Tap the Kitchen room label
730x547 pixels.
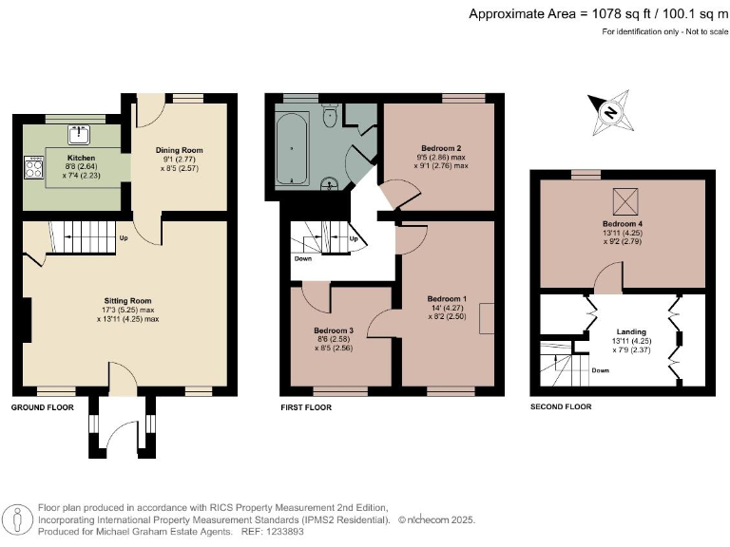point(81,156)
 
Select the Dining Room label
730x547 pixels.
point(180,150)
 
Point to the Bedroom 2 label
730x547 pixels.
point(441,148)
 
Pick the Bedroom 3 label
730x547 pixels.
point(334,330)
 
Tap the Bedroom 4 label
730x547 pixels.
point(623,224)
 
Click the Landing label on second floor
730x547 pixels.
point(623,332)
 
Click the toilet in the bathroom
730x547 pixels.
point(330,117)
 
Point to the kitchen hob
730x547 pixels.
point(34,170)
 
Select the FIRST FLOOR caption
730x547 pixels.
point(306,406)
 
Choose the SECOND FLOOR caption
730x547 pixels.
point(561,406)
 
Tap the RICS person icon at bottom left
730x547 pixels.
point(17,519)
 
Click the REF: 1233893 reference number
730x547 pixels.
point(278,532)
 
